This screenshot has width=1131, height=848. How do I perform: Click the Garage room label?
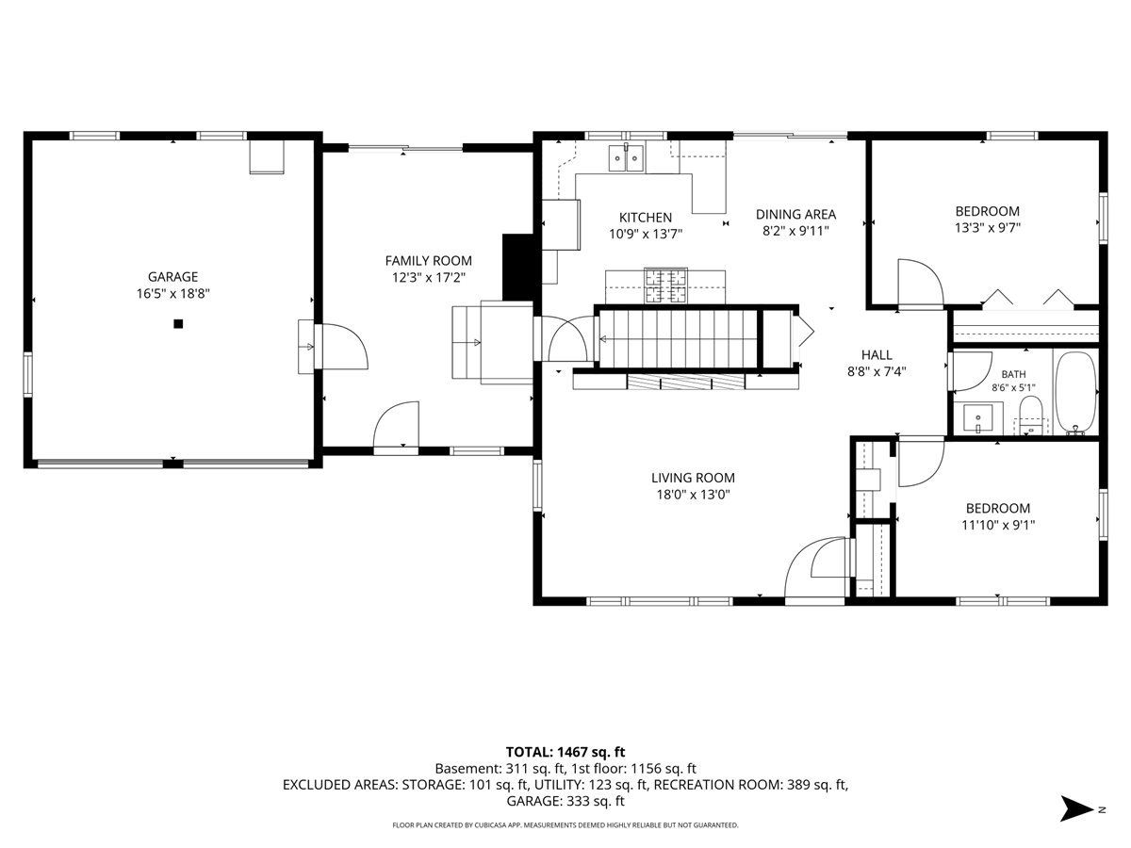pyautogui.click(x=172, y=277)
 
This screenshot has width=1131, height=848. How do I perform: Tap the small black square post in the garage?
pyautogui.click(x=178, y=324)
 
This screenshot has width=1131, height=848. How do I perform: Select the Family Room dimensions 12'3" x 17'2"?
pyautogui.click(x=428, y=278)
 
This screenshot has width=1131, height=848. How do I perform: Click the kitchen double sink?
pyautogui.click(x=626, y=157)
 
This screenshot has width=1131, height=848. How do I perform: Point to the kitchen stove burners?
pyautogui.click(x=666, y=285)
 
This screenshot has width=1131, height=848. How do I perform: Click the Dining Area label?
pyautogui.click(x=795, y=214)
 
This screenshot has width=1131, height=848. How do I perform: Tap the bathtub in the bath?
pyautogui.click(x=1074, y=392)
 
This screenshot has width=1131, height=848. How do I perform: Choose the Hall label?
pyautogui.click(x=877, y=355)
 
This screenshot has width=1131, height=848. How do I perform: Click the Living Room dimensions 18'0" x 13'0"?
pyautogui.click(x=693, y=495)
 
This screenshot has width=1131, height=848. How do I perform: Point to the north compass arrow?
pyautogui.click(x=1078, y=808)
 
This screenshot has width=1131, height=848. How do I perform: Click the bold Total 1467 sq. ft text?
pyautogui.click(x=565, y=752)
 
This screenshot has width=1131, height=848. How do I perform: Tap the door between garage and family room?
pyautogui.click(x=341, y=346)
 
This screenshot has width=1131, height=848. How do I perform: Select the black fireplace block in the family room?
pyautogui.click(x=517, y=268)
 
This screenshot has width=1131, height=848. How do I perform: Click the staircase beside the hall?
pyautogui.click(x=678, y=338)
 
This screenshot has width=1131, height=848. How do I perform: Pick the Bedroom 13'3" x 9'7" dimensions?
pyautogui.click(x=987, y=228)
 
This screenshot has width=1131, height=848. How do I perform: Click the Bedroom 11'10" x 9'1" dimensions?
pyautogui.click(x=998, y=525)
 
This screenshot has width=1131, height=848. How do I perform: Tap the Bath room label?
pyautogui.click(x=1013, y=374)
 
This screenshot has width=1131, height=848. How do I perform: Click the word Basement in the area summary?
pyautogui.click(x=467, y=769)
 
